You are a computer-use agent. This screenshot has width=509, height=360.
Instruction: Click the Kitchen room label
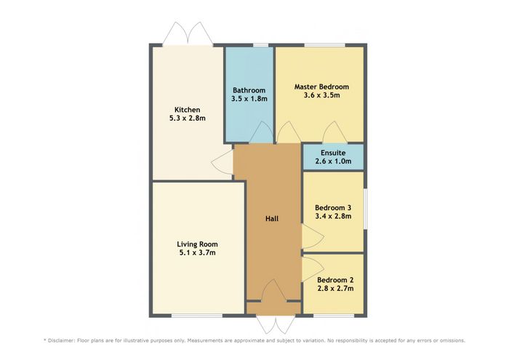click(x=188, y=110)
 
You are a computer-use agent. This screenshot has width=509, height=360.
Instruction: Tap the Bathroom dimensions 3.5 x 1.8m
click(x=249, y=99)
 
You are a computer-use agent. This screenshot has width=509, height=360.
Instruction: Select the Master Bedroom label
click(x=321, y=87)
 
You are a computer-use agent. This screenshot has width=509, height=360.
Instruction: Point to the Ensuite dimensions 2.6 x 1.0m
click(x=333, y=161)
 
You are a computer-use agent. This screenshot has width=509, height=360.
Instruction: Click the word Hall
click(x=272, y=219)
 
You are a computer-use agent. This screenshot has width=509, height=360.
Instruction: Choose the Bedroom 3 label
click(x=333, y=208)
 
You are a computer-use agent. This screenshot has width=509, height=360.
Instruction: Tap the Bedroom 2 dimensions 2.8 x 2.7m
click(x=335, y=288)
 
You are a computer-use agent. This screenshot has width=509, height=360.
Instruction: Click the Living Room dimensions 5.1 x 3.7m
click(x=197, y=252)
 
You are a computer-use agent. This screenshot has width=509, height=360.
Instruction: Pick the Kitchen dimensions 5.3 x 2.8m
click(x=188, y=118)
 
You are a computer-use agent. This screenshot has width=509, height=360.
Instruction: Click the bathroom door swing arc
click(x=261, y=132)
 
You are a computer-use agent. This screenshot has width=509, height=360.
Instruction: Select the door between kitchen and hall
click(x=222, y=164)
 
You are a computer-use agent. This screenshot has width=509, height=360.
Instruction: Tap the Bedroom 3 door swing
click(x=313, y=236)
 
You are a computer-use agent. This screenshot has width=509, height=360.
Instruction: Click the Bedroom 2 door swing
click(x=313, y=269)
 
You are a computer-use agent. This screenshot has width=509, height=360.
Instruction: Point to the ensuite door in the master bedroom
click(x=335, y=132)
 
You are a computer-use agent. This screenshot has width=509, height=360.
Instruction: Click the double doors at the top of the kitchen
click(x=188, y=33)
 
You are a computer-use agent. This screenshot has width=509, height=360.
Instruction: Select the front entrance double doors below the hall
click(x=276, y=324)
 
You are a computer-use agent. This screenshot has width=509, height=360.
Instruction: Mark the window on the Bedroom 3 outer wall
click(x=365, y=209)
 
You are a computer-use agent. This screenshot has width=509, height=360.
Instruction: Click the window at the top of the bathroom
click(x=261, y=45)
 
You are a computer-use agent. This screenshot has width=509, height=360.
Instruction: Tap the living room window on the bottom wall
click(x=197, y=316)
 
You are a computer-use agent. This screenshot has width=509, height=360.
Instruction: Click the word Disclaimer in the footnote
click(x=61, y=340)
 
